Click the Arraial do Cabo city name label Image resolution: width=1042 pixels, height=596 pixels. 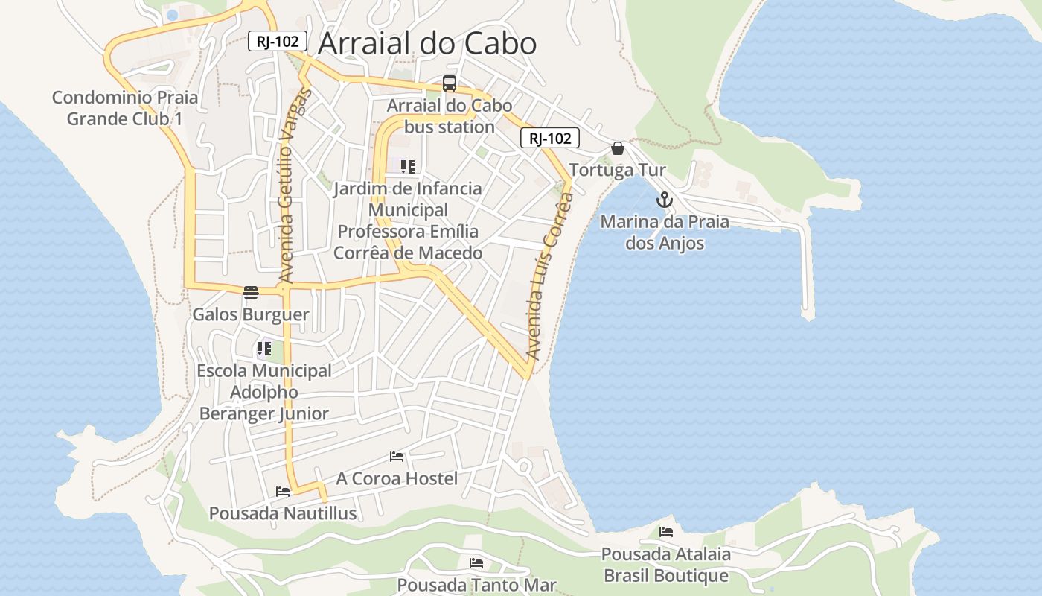[x=426, y=43]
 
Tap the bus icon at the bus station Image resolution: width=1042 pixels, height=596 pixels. [x=450, y=83]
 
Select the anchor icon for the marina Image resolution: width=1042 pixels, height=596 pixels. [x=664, y=200]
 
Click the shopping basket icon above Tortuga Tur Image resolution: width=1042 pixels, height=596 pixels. [x=617, y=148]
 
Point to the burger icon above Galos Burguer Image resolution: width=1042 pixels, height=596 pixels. [x=250, y=292]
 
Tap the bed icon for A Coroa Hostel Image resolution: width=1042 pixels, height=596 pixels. [x=397, y=456]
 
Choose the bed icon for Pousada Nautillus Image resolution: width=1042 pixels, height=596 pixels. [x=283, y=491]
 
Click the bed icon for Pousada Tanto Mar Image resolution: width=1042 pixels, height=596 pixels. [x=476, y=563]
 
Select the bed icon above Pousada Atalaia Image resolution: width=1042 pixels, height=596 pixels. [x=666, y=532]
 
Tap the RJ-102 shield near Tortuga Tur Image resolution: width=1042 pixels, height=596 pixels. [x=549, y=138]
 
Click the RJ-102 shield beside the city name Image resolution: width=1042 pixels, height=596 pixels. [x=278, y=41]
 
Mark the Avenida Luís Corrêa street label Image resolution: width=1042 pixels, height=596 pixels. [x=549, y=276]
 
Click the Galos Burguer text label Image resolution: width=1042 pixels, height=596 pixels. [x=251, y=314]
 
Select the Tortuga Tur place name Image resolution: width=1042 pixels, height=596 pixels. [x=618, y=170]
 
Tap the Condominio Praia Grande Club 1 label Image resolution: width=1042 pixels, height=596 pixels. [x=125, y=108]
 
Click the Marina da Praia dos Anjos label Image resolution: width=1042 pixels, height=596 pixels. [x=665, y=232]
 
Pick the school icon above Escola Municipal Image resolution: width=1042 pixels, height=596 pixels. [x=264, y=348]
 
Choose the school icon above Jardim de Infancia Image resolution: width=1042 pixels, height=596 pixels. [x=407, y=166]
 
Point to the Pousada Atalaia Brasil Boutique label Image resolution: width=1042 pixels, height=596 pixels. [x=666, y=565]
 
